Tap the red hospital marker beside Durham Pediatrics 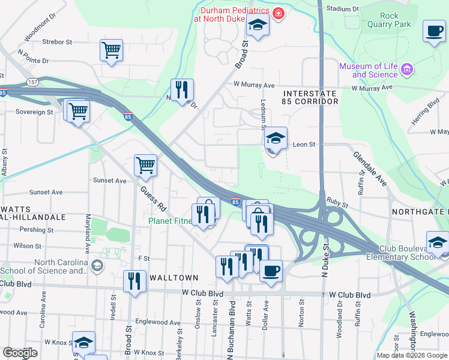pyautogui.click(x=278, y=13)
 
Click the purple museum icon pyautogui.click(x=407, y=70)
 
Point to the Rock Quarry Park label pyautogui.click(x=394, y=20)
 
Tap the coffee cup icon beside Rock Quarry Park pyautogui.click(x=434, y=31)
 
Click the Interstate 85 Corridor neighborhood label pyautogui.click(x=310, y=98)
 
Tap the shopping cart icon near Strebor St pyautogui.click(x=112, y=51)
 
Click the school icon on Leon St pyautogui.click(x=276, y=140)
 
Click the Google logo pyautogui.click(x=20, y=353)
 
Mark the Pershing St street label pyautogui.click(x=37, y=230)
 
